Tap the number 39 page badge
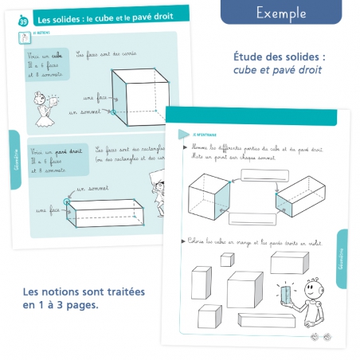point(18,19)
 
